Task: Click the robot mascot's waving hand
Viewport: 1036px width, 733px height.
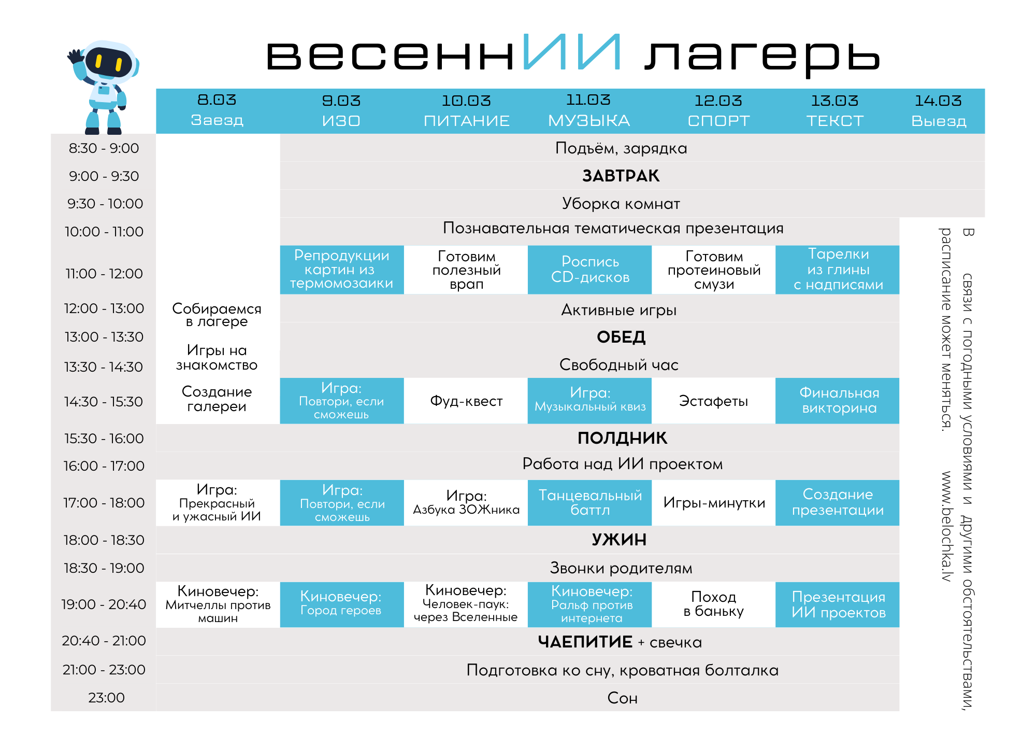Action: pos(76,57)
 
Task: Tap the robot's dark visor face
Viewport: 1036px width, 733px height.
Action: pos(108,62)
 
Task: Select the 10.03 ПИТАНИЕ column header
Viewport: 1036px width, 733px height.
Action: pos(466,111)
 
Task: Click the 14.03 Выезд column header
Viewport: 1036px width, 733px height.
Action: pos(938,111)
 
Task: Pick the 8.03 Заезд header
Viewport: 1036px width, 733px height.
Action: pos(217,111)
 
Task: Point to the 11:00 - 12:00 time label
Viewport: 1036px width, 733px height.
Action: pos(104,274)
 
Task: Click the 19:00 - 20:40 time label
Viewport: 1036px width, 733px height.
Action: pos(104,604)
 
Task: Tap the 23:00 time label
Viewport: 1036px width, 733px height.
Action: pos(106,698)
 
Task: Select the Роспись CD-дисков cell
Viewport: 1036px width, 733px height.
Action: pos(590,270)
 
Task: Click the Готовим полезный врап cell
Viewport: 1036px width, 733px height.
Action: pos(466,270)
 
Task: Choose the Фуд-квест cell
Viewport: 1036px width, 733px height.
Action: pos(466,401)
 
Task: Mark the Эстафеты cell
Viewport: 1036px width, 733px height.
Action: pos(713,401)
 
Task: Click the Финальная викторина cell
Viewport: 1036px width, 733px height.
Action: pos(839,400)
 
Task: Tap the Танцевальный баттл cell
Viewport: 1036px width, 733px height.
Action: pos(590,502)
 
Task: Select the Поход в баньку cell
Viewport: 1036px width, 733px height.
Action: pos(713,604)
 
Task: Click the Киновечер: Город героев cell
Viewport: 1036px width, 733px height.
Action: pos(341,604)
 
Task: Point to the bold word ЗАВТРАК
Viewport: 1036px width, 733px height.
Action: pos(621,176)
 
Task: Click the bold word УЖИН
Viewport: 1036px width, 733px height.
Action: pos(619,540)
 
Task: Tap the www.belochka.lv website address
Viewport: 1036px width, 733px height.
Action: pos(947,526)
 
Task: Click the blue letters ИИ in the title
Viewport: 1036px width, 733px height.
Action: pos(571,52)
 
